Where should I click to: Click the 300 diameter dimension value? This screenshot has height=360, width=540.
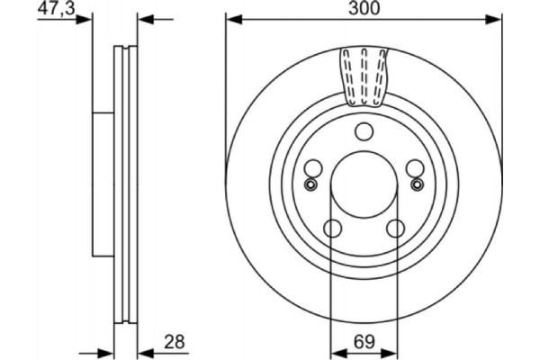point(363,8)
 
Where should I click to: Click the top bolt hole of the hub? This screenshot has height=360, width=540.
point(364,132)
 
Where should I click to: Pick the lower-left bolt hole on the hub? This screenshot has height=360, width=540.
point(331,229)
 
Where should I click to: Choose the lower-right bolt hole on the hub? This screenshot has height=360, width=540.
point(395,229)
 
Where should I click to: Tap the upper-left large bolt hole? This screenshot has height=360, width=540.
point(313,168)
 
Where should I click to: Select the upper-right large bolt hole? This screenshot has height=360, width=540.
point(414,168)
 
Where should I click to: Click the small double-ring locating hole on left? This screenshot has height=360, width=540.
point(310,184)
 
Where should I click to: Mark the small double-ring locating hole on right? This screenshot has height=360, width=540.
point(417,184)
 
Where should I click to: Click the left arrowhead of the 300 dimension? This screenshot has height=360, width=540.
point(231,17)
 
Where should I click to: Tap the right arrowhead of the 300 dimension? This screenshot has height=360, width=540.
point(495,17)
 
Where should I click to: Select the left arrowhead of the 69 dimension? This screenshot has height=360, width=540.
point(336,348)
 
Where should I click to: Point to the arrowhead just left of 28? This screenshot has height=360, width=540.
point(145,348)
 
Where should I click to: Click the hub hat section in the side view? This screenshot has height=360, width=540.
point(103,184)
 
